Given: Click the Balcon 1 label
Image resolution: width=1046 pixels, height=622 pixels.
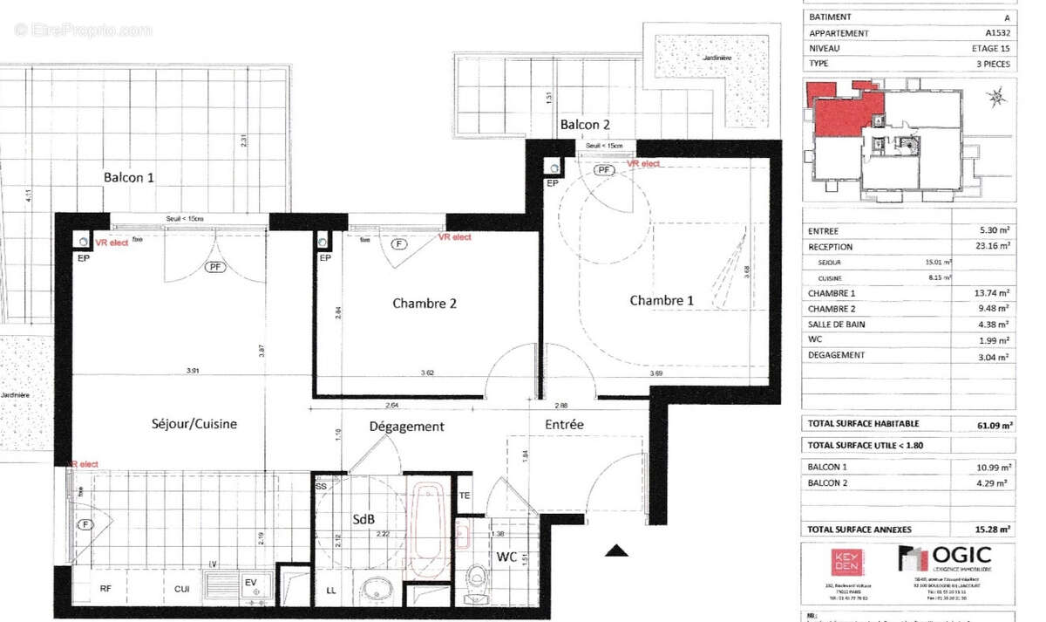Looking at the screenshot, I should tap(129, 177).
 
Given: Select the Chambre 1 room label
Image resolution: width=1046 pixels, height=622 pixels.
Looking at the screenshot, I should tap(662, 301).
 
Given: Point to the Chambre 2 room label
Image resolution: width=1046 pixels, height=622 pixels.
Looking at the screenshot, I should tap(425, 304).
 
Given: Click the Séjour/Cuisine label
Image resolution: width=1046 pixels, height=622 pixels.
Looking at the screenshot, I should tap(194, 424).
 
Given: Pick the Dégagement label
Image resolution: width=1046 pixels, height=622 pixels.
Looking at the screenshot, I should tap(406, 427).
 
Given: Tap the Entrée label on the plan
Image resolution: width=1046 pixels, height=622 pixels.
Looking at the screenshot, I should tap(564, 424).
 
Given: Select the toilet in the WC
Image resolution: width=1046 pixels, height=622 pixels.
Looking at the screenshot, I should tap(476, 578).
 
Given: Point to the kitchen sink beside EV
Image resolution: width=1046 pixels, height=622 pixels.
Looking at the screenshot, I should tap(221, 584).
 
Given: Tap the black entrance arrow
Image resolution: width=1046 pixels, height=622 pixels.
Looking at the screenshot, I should tap(617, 550).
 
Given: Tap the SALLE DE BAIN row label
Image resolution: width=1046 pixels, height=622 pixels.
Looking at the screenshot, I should tap(836, 325).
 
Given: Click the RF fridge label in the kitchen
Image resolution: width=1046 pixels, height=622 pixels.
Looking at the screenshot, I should tap(105, 589).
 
